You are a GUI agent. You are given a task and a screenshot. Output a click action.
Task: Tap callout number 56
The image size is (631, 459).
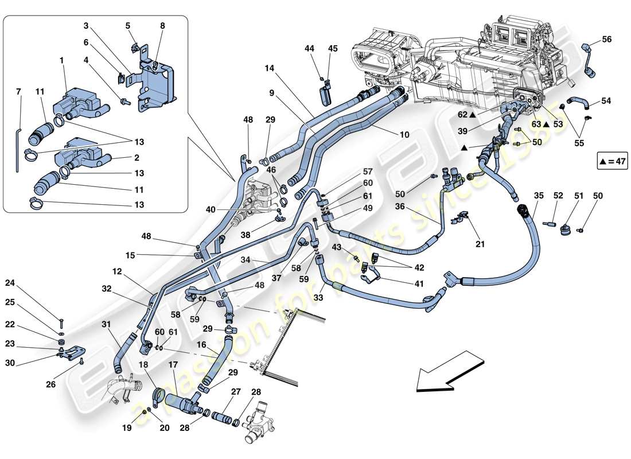(607, 39)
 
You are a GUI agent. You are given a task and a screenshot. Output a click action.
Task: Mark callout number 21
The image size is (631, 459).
(480, 244)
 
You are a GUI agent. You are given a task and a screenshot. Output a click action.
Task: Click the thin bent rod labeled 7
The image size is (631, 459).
(18, 149)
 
